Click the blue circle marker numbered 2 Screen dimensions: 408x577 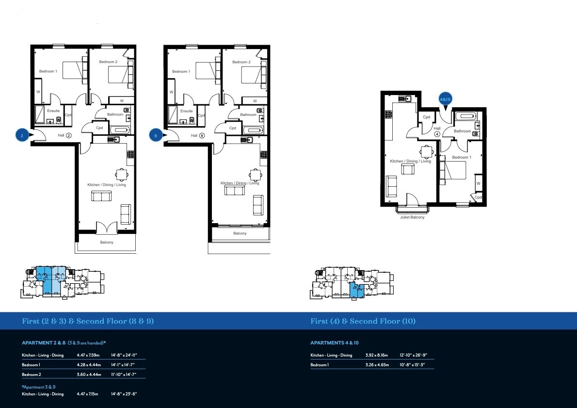[x=22, y=136]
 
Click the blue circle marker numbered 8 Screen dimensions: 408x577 [x=155, y=136]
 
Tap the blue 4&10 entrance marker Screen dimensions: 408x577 [x=445, y=99]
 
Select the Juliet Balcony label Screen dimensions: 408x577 [x=412, y=217]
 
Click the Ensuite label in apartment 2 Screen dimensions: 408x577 [x=53, y=111]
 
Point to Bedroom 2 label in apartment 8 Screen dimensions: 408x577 [x=241, y=62]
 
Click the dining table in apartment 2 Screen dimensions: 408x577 [x=122, y=174]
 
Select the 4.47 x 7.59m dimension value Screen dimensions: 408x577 [x=87, y=355]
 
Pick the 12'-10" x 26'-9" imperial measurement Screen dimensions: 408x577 [x=412, y=355]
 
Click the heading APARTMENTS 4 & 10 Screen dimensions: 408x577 [x=335, y=343]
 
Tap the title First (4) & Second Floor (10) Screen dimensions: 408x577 [x=363, y=321]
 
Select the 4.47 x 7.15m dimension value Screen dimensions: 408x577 [x=87, y=394]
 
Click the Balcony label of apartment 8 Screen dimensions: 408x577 [x=240, y=233]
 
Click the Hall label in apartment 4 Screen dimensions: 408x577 [x=437, y=128]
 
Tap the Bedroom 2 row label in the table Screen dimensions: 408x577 [x=31, y=374]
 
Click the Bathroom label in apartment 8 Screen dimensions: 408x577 [x=248, y=115]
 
